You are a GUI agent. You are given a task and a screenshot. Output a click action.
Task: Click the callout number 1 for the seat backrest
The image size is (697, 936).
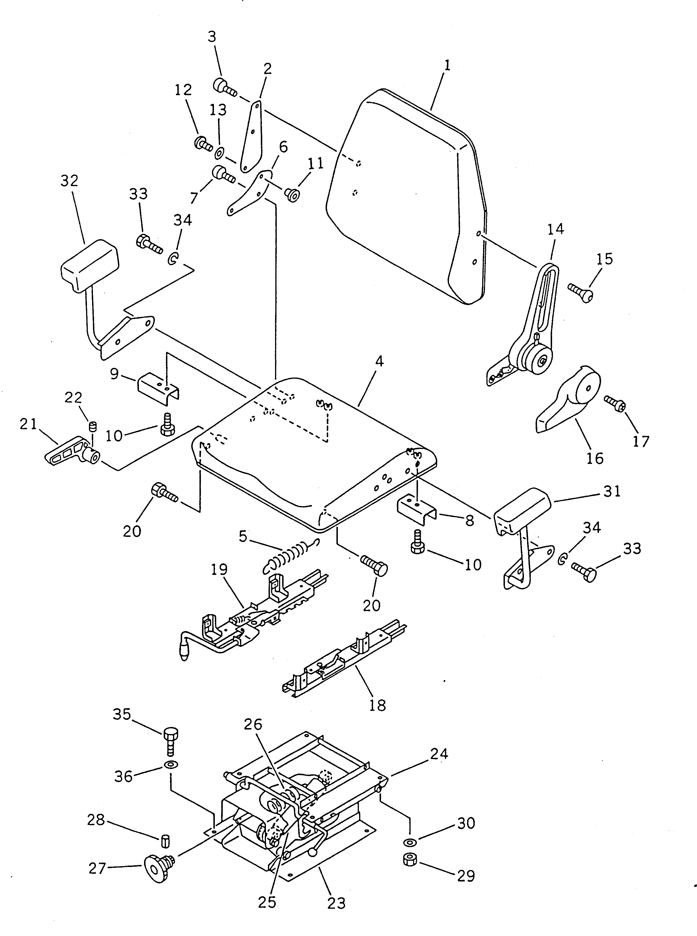[x=447, y=65]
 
